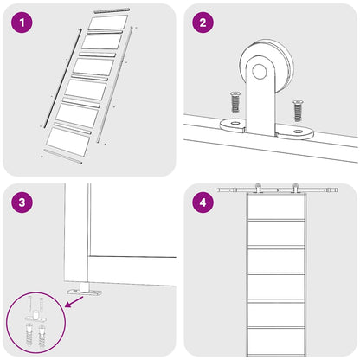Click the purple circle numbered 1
[x=22, y=22]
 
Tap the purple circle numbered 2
[x=203, y=22]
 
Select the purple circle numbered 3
[x=22, y=202]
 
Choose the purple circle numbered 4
[x=203, y=202]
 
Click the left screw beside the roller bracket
[x=235, y=102]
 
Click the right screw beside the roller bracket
[x=298, y=111]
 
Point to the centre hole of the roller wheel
[x=260, y=71]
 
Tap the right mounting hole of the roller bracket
[x=298, y=132]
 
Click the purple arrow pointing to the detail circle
[x=74, y=302]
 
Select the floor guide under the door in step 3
[x=85, y=290]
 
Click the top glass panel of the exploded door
[x=108, y=22]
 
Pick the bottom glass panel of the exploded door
[x=68, y=142]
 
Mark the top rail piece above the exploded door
[x=112, y=10]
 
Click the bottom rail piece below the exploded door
[x=62, y=157]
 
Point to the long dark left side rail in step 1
[x=62, y=78]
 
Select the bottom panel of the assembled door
[x=276, y=342]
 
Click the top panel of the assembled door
[x=276, y=207]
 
